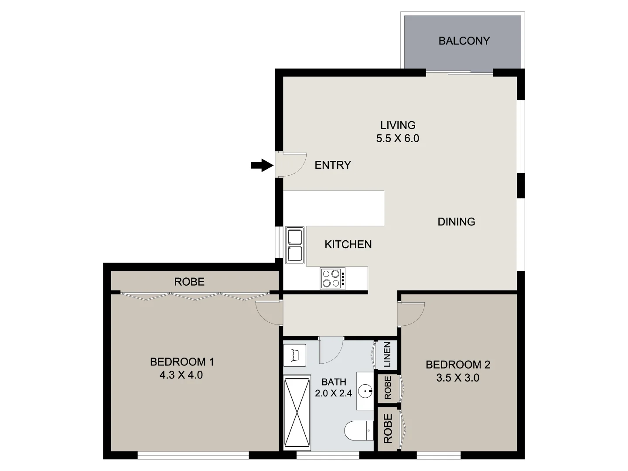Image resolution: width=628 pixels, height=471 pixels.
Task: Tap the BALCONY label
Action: click(x=464, y=41)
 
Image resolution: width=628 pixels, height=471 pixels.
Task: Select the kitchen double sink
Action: click(x=295, y=245)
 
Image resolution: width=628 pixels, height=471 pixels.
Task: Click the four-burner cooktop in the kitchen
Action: click(x=332, y=278)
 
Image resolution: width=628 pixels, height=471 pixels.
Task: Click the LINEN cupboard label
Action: click(x=387, y=354)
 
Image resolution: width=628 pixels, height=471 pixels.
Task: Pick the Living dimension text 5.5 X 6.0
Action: click(x=397, y=139)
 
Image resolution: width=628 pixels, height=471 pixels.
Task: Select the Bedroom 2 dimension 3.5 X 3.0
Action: click(x=457, y=378)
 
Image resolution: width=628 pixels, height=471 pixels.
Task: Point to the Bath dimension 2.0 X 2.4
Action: click(x=334, y=393)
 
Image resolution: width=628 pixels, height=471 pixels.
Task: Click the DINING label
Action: click(x=456, y=222)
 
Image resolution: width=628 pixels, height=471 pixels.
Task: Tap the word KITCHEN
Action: click(x=348, y=245)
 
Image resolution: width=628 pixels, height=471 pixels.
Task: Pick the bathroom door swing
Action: click(x=331, y=350)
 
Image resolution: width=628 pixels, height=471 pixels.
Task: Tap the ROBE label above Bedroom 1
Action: click(x=189, y=282)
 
